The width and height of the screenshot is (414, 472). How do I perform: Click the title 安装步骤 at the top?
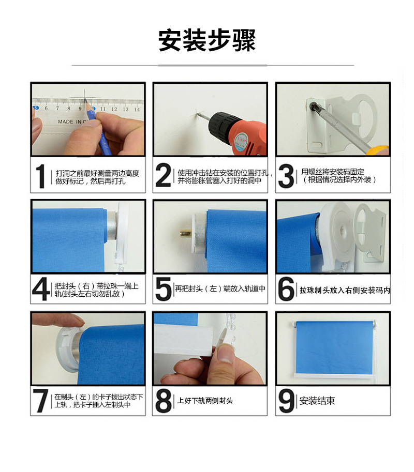207,40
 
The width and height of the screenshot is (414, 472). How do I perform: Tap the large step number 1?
40,176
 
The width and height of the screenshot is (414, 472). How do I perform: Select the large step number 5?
164,289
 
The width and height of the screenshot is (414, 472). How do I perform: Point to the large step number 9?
287,401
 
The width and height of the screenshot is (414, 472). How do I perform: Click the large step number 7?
41,401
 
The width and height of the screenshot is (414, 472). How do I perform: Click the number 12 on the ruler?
114,109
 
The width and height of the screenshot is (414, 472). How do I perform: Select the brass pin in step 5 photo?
186,233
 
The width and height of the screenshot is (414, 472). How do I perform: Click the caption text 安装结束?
317,401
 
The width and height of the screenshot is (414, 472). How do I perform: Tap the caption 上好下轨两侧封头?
205,401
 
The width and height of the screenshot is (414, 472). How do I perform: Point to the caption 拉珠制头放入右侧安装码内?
345,290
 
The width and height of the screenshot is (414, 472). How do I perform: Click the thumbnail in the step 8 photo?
226,354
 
